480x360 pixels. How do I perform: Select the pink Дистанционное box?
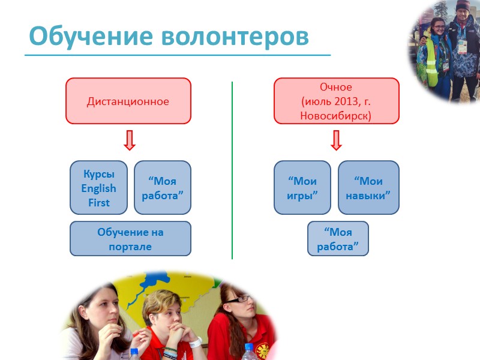click(128, 101)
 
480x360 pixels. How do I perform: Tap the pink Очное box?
click(336, 101)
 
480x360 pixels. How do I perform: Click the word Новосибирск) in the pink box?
click(336, 115)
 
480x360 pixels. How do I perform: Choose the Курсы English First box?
click(99, 188)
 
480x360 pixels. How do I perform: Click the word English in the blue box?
click(99, 188)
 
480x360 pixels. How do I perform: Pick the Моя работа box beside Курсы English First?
click(162, 188)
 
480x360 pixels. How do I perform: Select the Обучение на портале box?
click(130, 239)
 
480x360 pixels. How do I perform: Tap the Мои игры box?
click(302, 188)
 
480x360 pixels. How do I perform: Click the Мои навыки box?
click(368, 188)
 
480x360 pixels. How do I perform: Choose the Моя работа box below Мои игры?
click(338, 239)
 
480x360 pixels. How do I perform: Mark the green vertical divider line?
click(232, 171)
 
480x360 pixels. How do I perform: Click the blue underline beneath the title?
click(177, 55)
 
